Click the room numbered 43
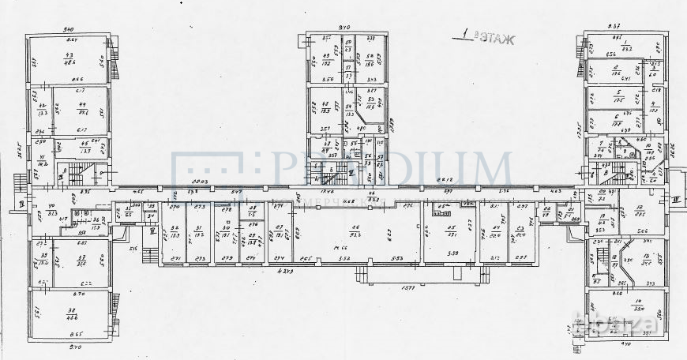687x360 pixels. click(69, 58)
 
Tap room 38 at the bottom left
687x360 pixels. click(73, 313)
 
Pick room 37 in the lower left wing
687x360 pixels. click(80, 261)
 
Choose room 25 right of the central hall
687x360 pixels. click(452, 233)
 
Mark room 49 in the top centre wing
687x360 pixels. click(325, 58)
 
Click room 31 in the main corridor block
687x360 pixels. click(199, 233)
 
